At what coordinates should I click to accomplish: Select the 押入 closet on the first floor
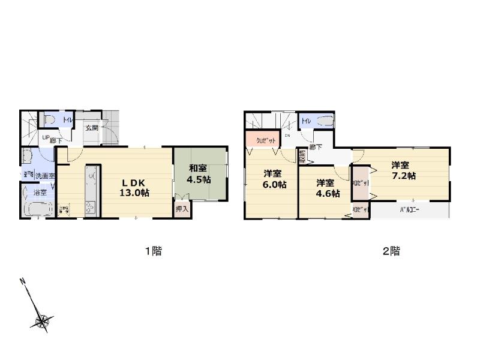(x=181, y=209)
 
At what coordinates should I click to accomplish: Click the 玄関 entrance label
(x=91, y=127)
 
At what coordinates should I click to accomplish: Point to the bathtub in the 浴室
(x=37, y=211)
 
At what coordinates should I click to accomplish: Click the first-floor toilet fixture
(x=49, y=120)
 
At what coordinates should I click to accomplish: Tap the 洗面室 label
(x=44, y=176)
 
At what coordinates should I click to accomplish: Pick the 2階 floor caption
(x=391, y=251)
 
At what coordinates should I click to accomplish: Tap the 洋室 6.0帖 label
(x=274, y=179)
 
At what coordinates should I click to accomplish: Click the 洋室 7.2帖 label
(x=403, y=170)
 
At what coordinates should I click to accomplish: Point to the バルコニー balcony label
(x=409, y=211)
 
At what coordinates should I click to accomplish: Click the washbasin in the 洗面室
(x=26, y=157)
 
